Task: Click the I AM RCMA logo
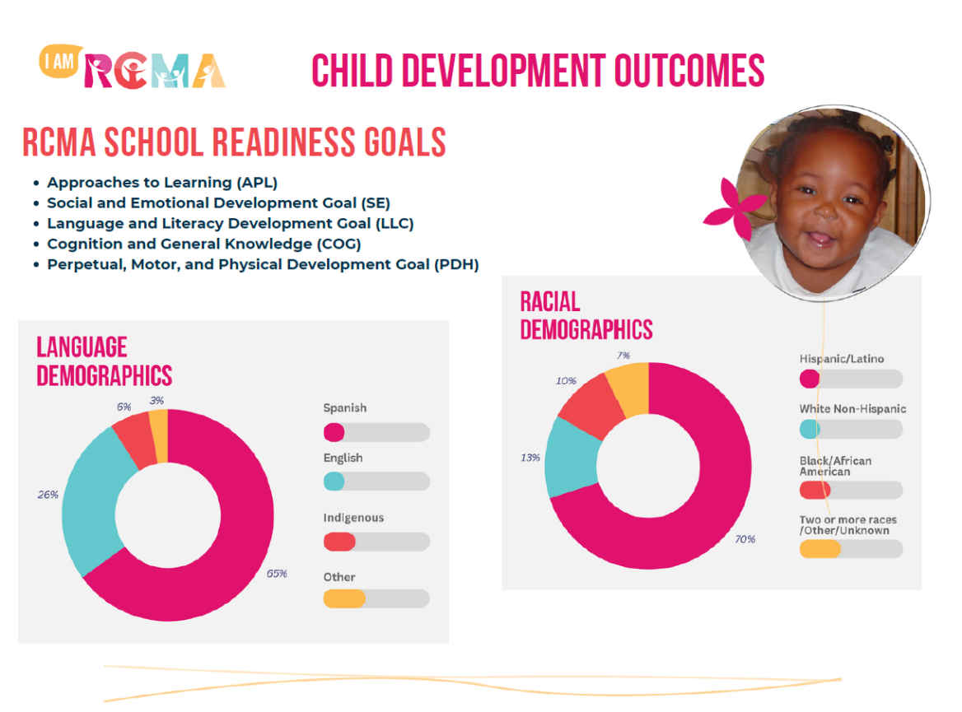click(132, 68)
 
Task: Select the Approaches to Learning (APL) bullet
click(162, 183)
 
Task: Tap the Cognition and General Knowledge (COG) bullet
click(203, 244)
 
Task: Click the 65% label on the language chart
click(277, 574)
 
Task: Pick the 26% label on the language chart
click(48, 495)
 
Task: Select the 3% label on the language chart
click(156, 400)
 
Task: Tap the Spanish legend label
click(345, 408)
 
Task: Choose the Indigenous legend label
click(353, 518)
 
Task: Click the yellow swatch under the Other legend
click(343, 598)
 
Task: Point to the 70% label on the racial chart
click(745, 539)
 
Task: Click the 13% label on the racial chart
click(530, 457)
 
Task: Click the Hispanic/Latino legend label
click(842, 359)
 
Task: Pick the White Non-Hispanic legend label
click(852, 409)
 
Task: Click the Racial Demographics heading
click(586, 316)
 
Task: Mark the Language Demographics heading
click(105, 361)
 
